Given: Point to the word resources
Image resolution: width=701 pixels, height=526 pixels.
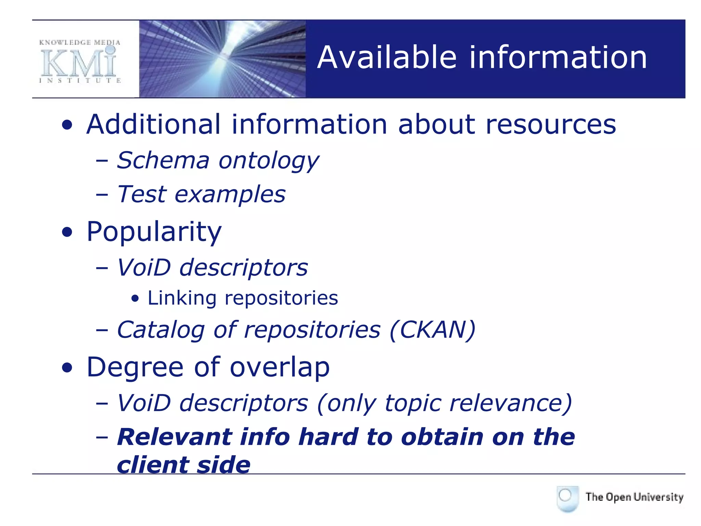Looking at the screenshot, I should pos(551,125).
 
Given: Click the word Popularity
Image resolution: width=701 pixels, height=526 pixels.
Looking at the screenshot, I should pos(154,233).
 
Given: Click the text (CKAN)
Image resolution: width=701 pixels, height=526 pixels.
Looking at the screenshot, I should pos(433,330).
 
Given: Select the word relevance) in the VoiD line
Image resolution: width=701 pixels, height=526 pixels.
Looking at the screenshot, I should pos(510,403).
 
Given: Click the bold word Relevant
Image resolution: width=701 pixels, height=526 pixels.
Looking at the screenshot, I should pos(175,437).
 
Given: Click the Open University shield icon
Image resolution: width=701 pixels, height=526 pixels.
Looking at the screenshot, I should pos(568,498).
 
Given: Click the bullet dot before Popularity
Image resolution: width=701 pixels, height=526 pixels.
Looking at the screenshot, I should pos(67,233).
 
